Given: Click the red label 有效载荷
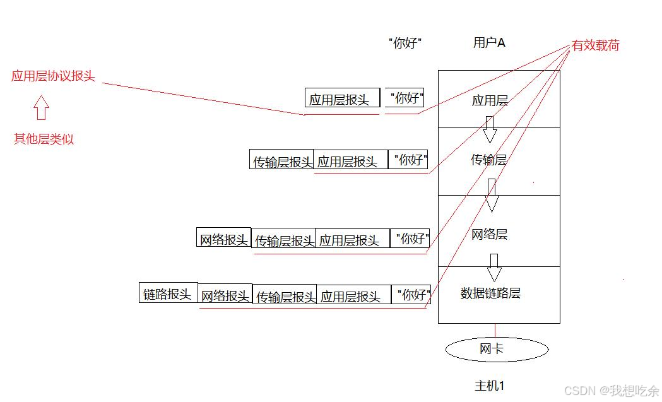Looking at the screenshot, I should coord(595,45).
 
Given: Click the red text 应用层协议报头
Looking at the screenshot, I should coord(53,76).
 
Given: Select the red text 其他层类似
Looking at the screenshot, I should coord(44,139).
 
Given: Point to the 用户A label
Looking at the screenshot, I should coord(489,43).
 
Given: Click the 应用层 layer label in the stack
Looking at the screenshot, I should coord(490,100).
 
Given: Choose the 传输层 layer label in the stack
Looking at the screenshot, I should coord(489,160).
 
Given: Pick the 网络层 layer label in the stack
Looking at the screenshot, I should coord(489,235).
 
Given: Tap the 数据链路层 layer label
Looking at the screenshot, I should coord(490,293).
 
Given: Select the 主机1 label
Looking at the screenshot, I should coord(489,386).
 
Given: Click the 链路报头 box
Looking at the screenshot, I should coord(168,293).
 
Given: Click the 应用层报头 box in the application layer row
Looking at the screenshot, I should coord(342,98).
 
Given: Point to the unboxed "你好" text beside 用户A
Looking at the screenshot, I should coord(405,44).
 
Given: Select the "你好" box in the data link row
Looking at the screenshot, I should coord(413,295).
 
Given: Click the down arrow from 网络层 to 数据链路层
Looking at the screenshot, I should coord(494,268).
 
